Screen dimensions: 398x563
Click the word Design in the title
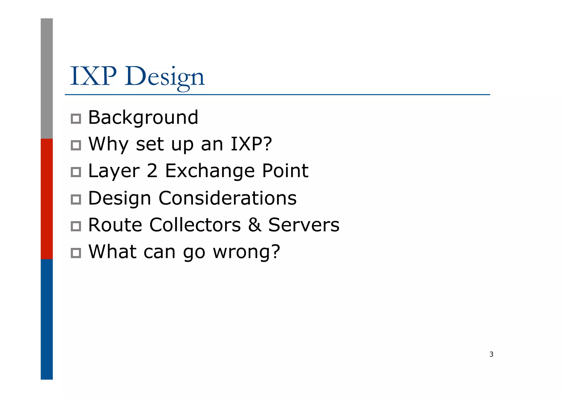pyautogui.click(x=164, y=77)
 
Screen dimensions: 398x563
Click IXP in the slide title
pyautogui.click(x=93, y=76)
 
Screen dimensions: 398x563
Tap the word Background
pyautogui.click(x=143, y=118)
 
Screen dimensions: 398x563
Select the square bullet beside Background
pyautogui.click(x=76, y=119)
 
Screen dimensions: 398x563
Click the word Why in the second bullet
pyautogui.click(x=108, y=144)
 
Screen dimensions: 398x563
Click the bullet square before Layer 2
pyautogui.click(x=76, y=172)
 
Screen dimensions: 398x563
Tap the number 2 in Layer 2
pyautogui.click(x=152, y=171)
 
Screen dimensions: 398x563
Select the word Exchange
pyautogui.click(x=210, y=171)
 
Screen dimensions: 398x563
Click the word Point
pyautogui.click(x=285, y=171)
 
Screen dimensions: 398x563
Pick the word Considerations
pyautogui.click(x=228, y=198)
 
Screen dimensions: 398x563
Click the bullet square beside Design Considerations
pyautogui.click(x=76, y=199)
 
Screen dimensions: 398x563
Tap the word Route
pyautogui.click(x=115, y=225)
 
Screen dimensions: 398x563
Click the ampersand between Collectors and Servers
pyautogui.click(x=255, y=225)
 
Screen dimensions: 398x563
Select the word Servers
pyautogui.click(x=304, y=225)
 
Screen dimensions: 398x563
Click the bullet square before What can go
pyautogui.click(x=76, y=253)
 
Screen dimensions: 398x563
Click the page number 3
pyautogui.click(x=491, y=355)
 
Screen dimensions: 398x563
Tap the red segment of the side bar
pyautogui.click(x=47, y=199)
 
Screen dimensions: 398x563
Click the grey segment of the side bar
pyautogui.click(x=47, y=78)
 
